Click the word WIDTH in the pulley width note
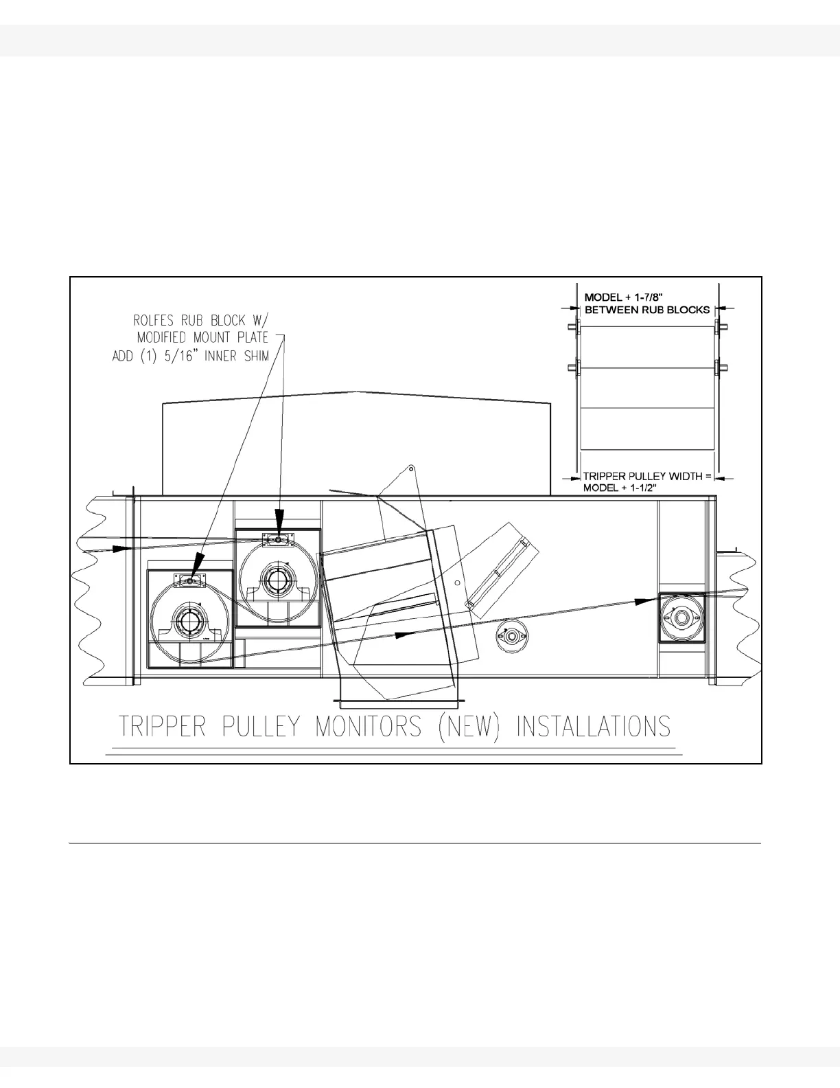684,476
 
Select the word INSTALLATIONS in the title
593,727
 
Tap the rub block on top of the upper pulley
278,540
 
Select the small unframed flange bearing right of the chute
511,635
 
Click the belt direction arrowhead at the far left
123,548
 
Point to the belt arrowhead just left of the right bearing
644,601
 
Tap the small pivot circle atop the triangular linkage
410,469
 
